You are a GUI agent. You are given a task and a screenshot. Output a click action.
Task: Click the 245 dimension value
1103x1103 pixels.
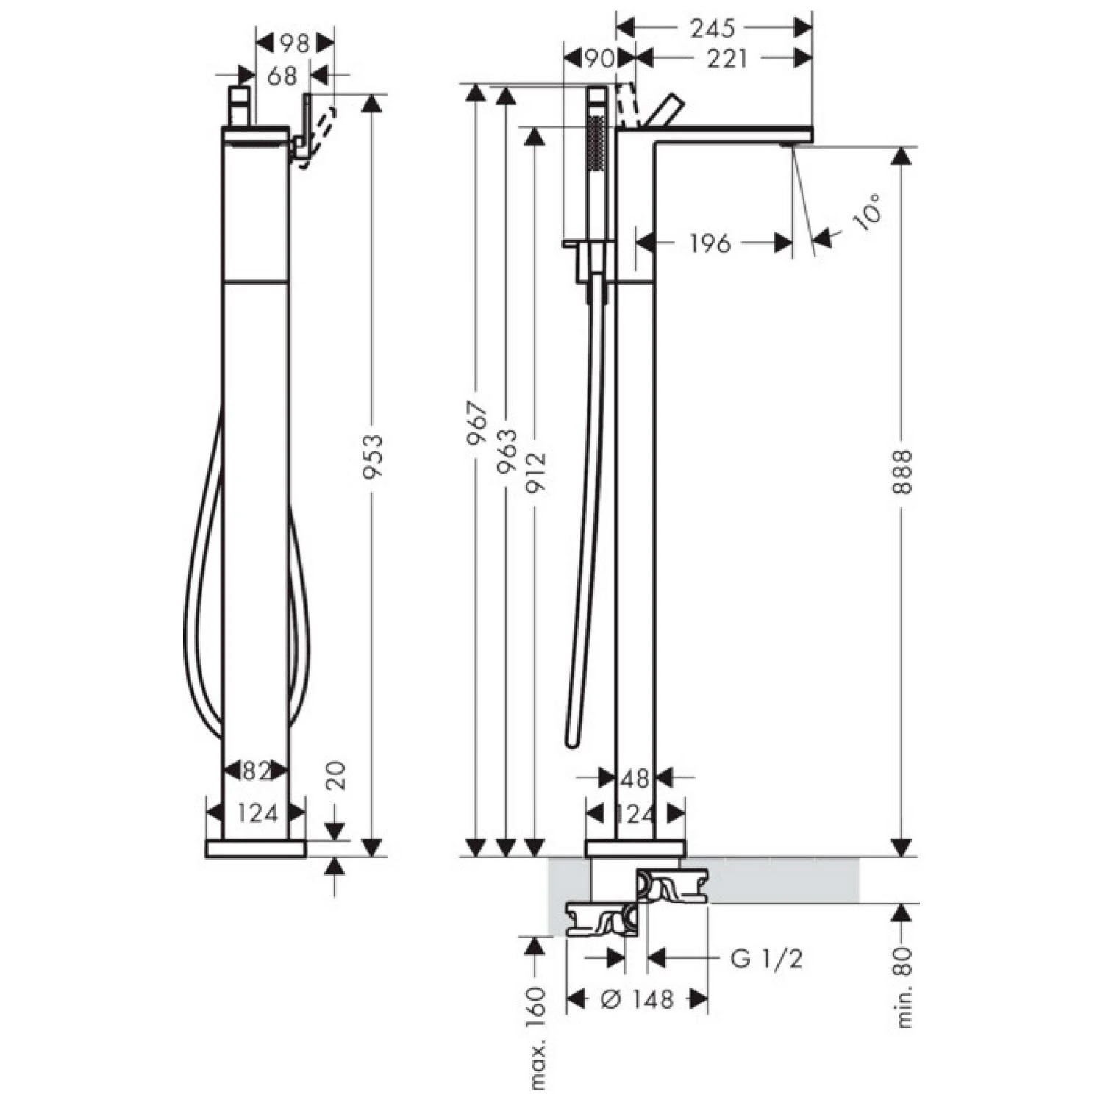(713, 28)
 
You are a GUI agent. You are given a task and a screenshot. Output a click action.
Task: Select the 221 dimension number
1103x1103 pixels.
(727, 58)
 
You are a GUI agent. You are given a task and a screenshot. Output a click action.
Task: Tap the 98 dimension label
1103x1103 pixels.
(294, 43)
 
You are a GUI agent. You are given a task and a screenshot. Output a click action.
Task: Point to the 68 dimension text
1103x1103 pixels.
(282, 75)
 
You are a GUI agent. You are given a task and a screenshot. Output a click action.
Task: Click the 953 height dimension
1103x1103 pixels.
(374, 457)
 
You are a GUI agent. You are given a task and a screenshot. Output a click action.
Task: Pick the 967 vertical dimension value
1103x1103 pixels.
(478, 424)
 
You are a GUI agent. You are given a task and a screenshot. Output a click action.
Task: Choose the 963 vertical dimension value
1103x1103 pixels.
(507, 451)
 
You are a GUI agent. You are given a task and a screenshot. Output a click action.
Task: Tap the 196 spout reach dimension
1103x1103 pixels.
(710, 243)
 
